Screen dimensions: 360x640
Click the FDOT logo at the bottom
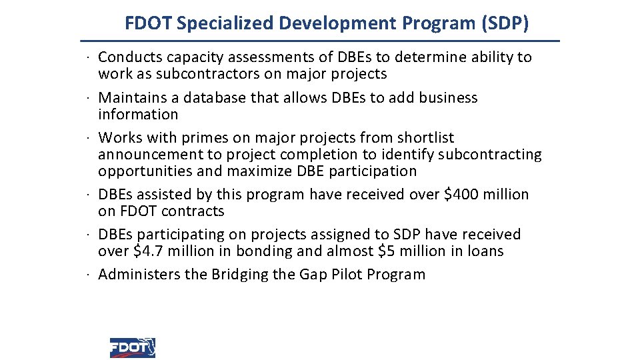pyautogui.click(x=132, y=347)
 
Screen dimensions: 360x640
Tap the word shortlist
pyautogui.click(x=425, y=138)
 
